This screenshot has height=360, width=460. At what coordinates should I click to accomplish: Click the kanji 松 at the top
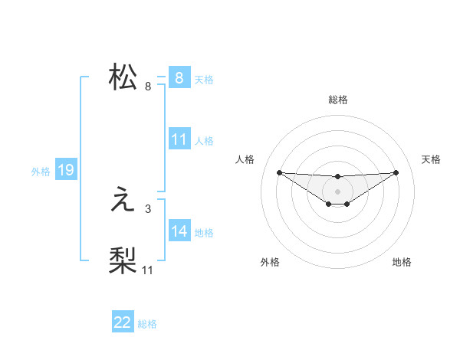[123, 78]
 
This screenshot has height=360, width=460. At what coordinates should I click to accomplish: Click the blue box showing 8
[179, 78]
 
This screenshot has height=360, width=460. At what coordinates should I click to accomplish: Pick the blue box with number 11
[179, 140]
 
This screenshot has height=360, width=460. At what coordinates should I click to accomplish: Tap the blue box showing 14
[179, 231]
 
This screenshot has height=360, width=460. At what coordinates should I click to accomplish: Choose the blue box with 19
[66, 171]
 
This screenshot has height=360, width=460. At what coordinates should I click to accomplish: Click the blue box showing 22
[123, 323]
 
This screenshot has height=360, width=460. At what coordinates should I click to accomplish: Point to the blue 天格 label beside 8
[204, 79]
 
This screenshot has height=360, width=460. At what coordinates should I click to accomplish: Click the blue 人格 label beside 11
[204, 141]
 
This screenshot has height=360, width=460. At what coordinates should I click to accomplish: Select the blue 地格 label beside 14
[204, 232]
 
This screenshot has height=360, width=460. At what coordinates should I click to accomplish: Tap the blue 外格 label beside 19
[41, 172]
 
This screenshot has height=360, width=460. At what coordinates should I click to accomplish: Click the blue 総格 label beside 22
[147, 324]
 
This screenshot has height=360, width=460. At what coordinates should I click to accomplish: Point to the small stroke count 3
[147, 208]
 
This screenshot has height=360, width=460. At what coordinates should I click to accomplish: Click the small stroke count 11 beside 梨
[148, 270]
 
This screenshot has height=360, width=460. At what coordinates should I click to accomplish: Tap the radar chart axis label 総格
[338, 100]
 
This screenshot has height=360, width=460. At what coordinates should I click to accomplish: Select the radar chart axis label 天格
[432, 159]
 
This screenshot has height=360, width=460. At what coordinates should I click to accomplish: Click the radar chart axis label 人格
[245, 159]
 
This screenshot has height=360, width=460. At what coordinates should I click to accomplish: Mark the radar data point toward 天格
[396, 172]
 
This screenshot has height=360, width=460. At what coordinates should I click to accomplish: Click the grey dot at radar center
[338, 191]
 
